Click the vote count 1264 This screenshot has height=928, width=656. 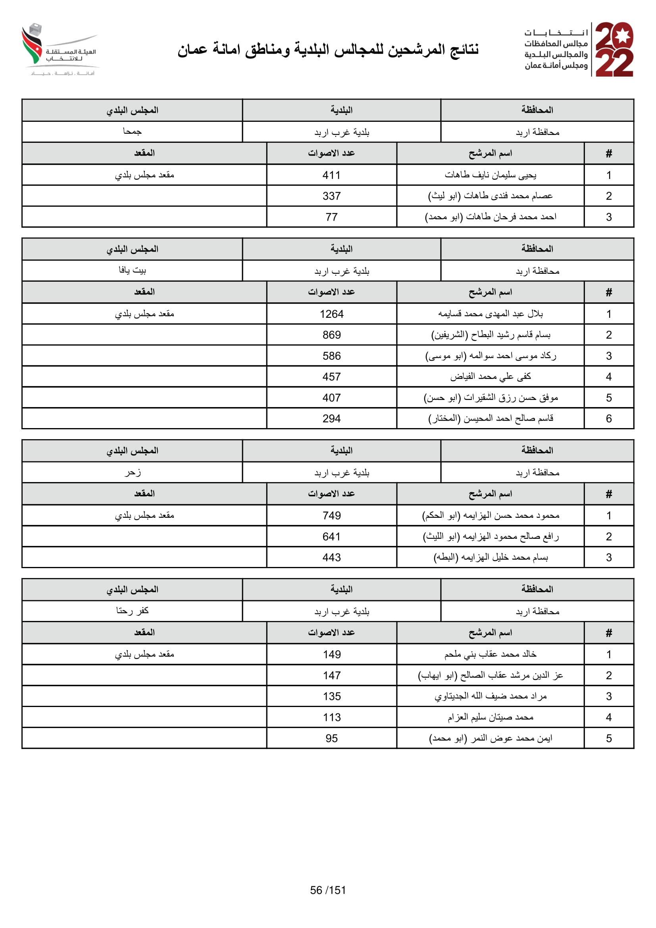[331, 314]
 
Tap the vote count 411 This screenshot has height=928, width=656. [331, 175]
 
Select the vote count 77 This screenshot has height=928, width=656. [331, 217]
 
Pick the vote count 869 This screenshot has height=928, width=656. [331, 335]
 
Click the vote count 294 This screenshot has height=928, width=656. [331, 419]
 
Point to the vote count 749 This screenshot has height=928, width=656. [331, 516]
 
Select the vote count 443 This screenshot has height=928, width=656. [331, 558]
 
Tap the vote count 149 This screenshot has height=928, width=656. [331, 655]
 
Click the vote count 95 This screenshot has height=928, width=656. [331, 738]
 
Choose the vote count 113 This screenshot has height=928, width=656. [331, 717]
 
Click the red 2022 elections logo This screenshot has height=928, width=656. [614, 49]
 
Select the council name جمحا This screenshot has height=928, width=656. [132, 132]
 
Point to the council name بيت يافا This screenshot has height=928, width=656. [132, 271]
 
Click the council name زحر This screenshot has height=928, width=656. [132, 472]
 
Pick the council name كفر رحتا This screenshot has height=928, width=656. [132, 611]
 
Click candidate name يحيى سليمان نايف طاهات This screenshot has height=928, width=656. [490, 175]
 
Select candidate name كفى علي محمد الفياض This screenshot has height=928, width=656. [490, 377]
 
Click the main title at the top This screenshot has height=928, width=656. [328, 50]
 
